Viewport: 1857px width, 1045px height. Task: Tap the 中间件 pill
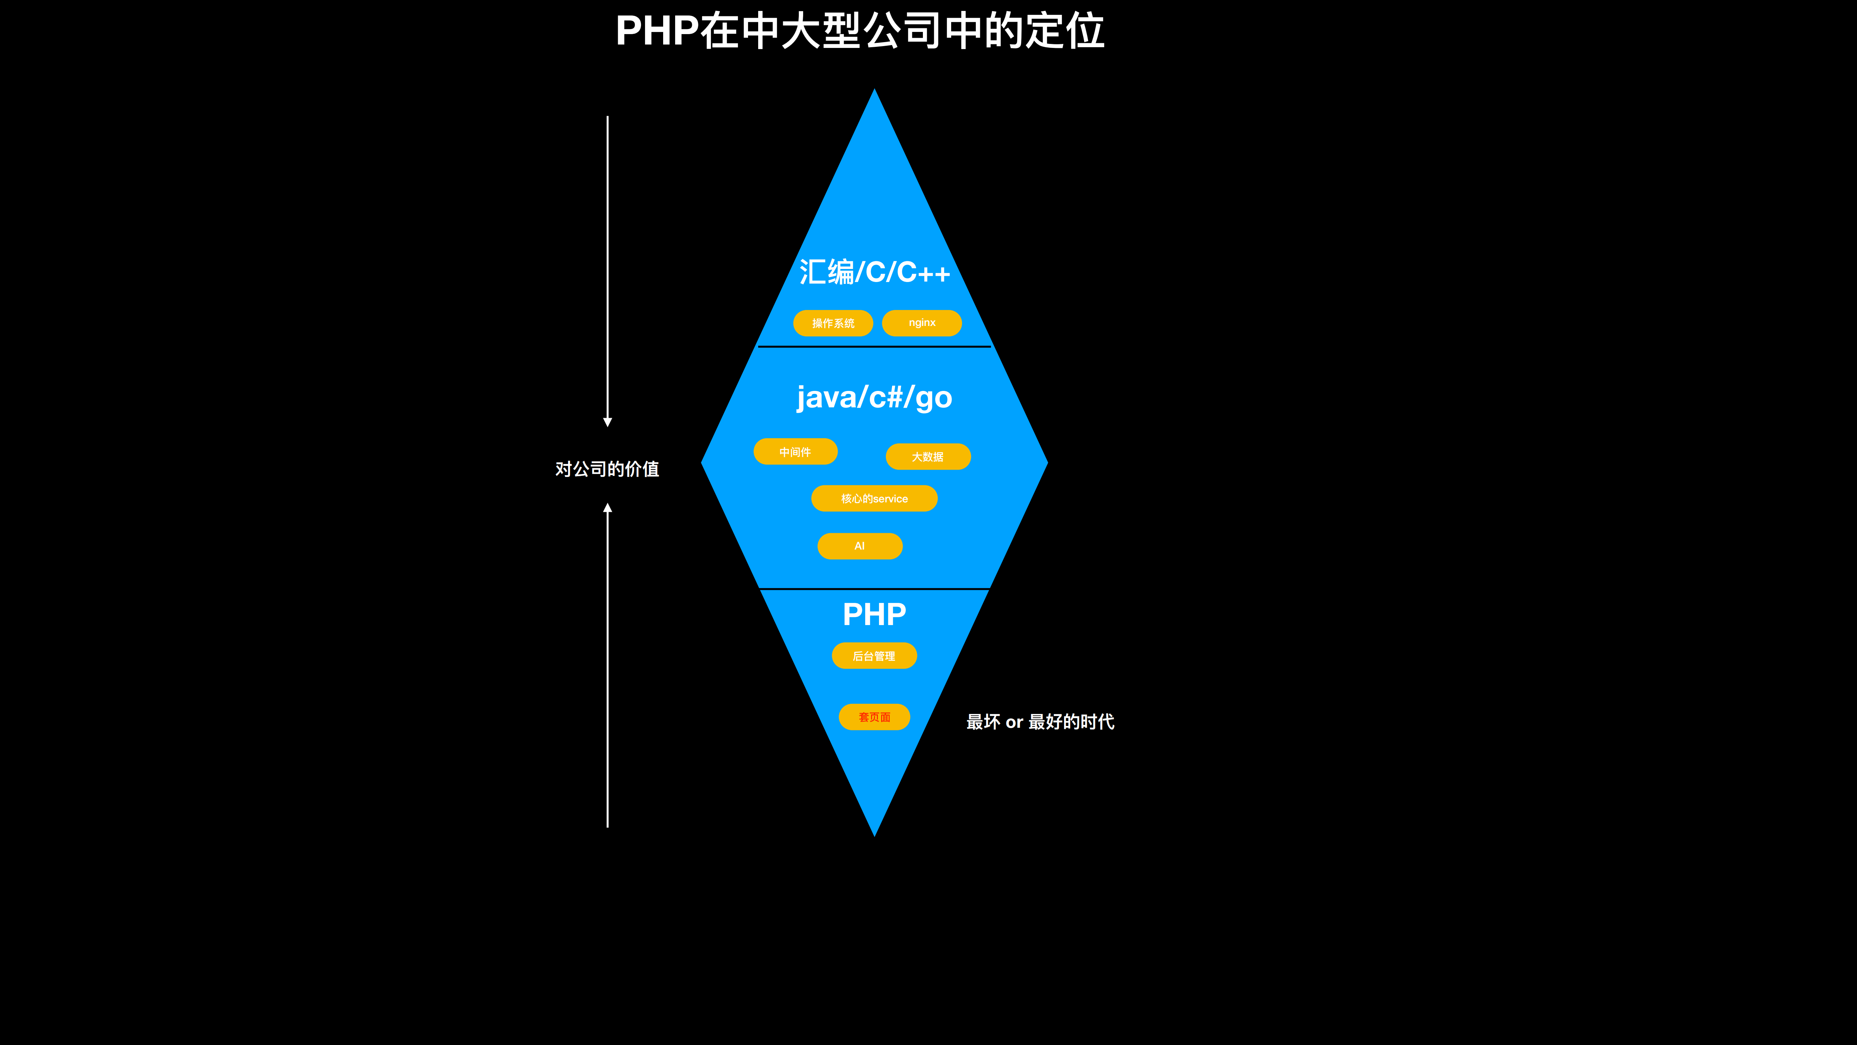coord(795,452)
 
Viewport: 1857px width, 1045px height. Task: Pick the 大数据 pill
coord(928,457)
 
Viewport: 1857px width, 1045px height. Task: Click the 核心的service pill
coord(874,498)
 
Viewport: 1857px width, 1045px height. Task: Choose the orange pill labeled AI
coord(859,546)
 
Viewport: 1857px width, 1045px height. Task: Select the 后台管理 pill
coord(874,656)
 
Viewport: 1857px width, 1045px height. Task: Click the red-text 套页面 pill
coord(874,717)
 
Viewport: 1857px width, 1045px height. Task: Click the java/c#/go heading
coord(874,397)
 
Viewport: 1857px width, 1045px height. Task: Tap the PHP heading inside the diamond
coord(874,615)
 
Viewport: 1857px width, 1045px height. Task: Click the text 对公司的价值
coord(607,469)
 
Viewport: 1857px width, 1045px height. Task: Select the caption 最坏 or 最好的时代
coord(1040,722)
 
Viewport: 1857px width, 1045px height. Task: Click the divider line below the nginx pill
coord(874,347)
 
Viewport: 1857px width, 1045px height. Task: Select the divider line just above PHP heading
coord(874,589)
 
